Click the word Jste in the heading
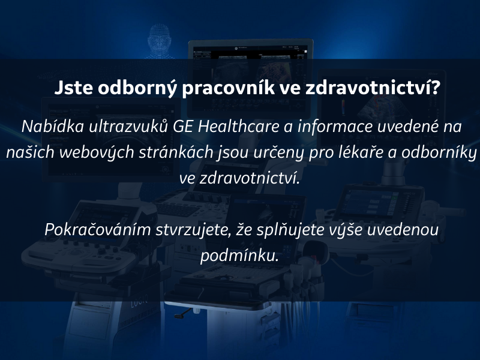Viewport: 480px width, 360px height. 73,88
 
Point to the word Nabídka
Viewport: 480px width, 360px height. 53,127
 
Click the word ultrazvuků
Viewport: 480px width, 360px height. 128,127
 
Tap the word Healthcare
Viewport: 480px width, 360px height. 238,127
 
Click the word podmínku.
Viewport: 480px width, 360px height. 239,256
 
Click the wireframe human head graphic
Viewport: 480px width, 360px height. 159,41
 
